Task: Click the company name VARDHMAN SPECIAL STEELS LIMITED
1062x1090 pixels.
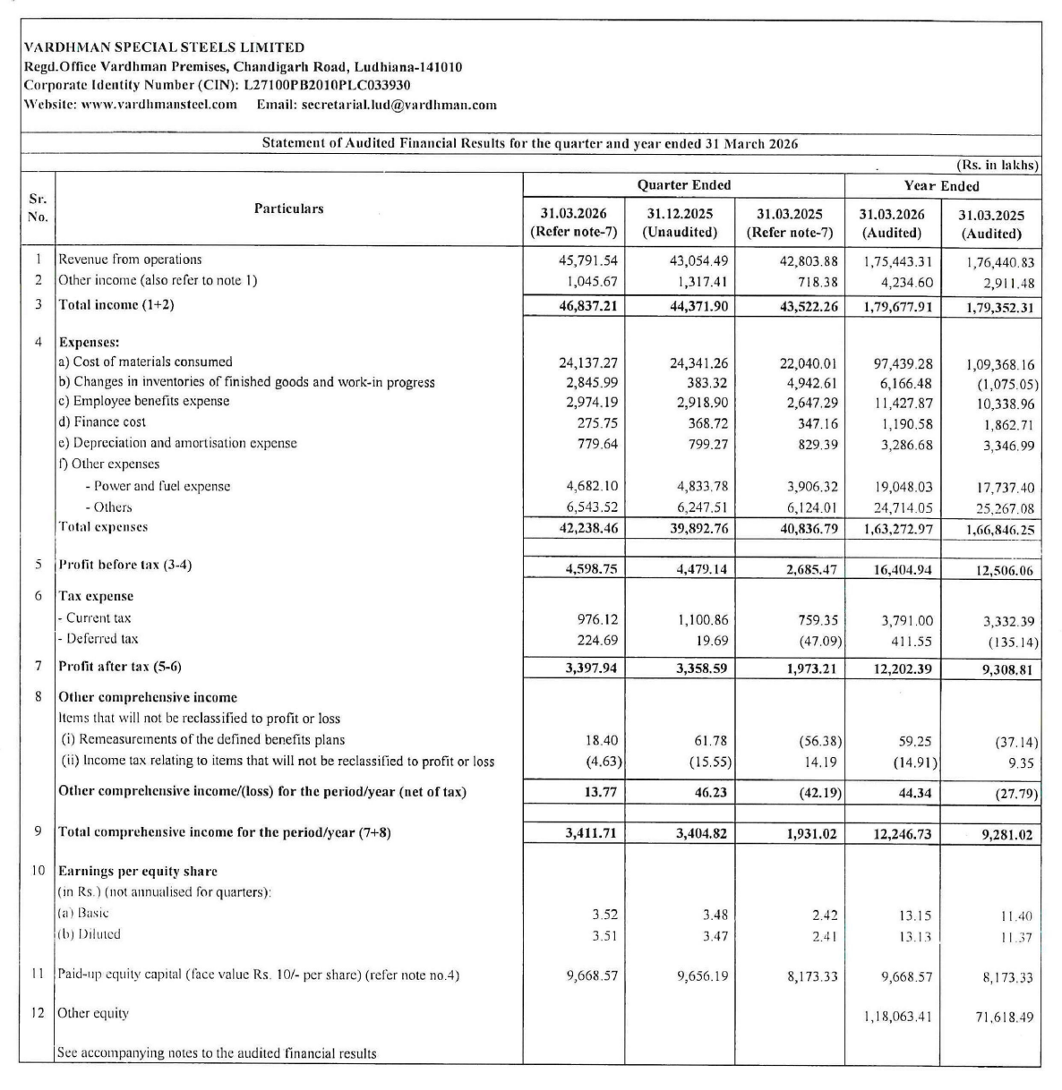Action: point(164,47)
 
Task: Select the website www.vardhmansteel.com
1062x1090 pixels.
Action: point(158,104)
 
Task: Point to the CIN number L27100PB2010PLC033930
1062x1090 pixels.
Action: point(327,85)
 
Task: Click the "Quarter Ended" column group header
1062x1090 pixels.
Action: point(683,185)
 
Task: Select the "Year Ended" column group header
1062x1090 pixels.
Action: point(941,186)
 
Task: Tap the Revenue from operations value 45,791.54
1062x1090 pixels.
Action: point(587,260)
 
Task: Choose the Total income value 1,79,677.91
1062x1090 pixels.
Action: point(897,305)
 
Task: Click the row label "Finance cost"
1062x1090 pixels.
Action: point(101,422)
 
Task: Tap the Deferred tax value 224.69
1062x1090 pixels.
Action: point(594,639)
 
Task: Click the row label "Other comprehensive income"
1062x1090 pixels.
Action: point(148,697)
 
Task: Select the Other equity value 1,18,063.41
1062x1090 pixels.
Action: point(897,1016)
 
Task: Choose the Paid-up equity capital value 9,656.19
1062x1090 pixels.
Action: point(702,976)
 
